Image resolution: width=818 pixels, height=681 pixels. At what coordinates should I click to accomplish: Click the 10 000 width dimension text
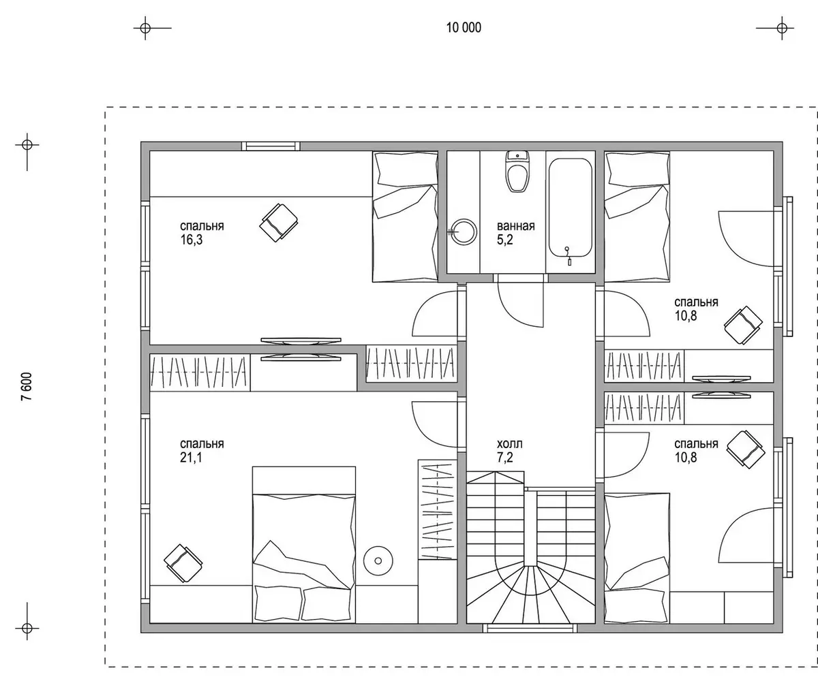(464, 28)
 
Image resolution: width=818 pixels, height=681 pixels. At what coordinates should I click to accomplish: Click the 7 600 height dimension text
(27, 386)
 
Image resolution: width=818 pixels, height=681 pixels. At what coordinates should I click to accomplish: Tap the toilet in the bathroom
(517, 171)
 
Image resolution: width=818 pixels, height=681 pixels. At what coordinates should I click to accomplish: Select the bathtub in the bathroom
(570, 208)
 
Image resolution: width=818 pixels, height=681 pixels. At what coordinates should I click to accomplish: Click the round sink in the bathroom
(464, 232)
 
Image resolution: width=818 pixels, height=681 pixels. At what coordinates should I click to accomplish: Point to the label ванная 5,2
(515, 233)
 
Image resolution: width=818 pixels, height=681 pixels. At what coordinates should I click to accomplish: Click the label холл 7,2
(509, 450)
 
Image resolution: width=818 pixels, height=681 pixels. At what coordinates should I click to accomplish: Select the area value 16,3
(191, 240)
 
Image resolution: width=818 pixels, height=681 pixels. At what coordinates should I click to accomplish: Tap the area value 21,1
(191, 457)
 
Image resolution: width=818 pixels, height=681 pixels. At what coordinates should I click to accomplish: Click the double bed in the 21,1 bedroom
(304, 544)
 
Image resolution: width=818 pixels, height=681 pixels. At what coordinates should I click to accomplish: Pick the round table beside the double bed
(378, 561)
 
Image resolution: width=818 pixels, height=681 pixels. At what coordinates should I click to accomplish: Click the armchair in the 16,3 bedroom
(279, 222)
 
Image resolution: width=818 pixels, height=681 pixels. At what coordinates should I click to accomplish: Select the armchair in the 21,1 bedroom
(183, 563)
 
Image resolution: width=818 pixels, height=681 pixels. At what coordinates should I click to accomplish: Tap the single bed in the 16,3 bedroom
(405, 217)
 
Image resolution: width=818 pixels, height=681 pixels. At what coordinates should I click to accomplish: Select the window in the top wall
(271, 146)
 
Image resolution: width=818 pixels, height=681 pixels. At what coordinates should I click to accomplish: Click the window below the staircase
(530, 628)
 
